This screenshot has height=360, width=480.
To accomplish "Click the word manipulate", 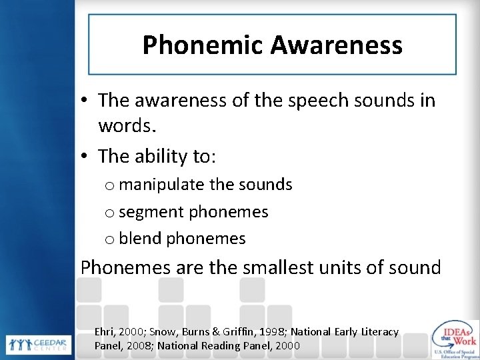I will pos(163,185).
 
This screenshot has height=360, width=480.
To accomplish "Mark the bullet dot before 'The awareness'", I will pos(86,102).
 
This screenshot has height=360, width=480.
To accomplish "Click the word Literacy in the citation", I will pos(379,332).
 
